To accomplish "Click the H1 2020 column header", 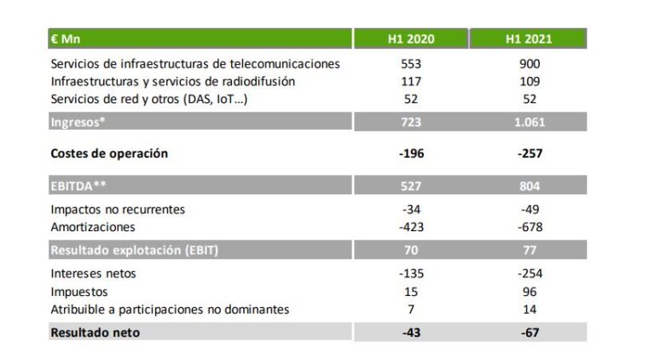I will [413, 39].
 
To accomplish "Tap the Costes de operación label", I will [109, 154].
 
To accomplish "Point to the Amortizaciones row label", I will [93, 227].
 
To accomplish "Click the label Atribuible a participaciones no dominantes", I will [170, 309].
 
